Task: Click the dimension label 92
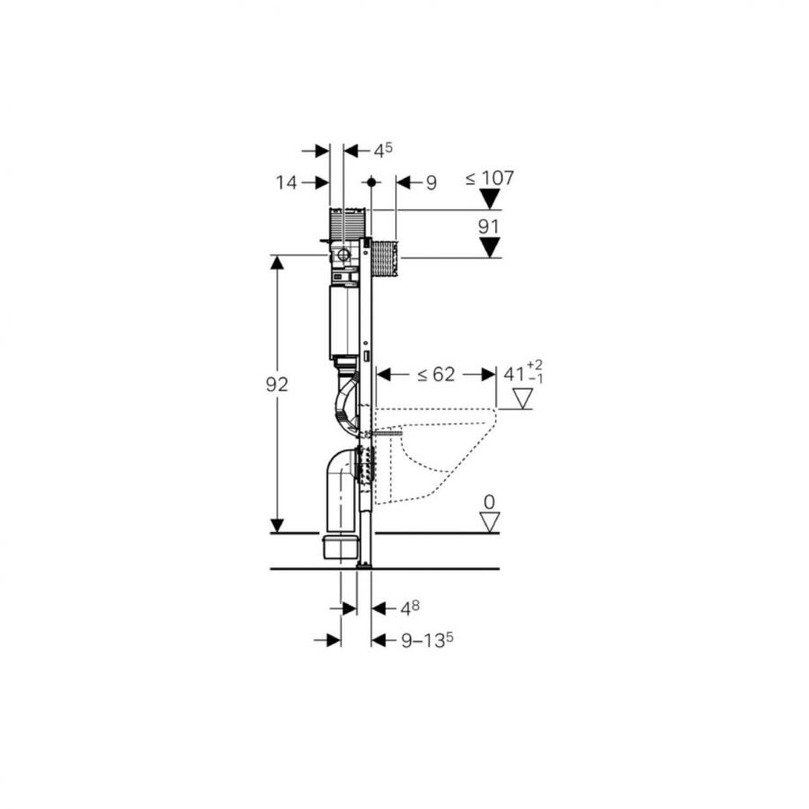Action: coord(277,385)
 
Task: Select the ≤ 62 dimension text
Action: coord(436,375)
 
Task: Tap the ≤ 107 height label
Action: coord(490,178)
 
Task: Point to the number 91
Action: coord(489,227)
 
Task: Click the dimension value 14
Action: coord(287,182)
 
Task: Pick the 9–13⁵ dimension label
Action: coord(426,640)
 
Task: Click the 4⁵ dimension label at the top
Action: coord(384,151)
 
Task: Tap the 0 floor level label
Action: coord(489,502)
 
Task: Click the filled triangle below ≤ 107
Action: coord(489,200)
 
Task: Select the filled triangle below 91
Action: coord(489,247)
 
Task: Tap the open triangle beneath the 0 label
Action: coord(489,522)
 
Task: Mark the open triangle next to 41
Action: coord(522,398)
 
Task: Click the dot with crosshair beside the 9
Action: coord(369,182)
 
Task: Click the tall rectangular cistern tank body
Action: coord(343,319)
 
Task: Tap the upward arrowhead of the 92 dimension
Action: coord(277,262)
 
